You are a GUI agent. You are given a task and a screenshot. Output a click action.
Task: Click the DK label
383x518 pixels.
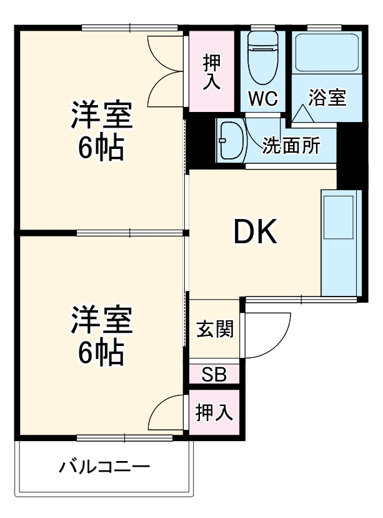click(255, 233)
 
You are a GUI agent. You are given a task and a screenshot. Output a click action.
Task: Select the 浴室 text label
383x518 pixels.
click(327, 98)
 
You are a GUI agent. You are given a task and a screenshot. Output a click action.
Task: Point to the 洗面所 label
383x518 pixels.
click(291, 145)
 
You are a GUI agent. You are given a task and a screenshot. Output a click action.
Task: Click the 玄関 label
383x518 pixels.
click(215, 329)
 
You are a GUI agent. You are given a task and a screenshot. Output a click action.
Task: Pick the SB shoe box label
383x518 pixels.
click(214, 375)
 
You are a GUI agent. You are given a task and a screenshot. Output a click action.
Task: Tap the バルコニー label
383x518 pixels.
click(105, 467)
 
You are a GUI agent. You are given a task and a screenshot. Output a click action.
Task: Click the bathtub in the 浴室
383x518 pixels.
click(327, 53)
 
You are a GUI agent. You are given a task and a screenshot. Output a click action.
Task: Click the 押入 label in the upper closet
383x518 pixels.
click(212, 72)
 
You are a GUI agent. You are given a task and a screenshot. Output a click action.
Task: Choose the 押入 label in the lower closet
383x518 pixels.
click(214, 413)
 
